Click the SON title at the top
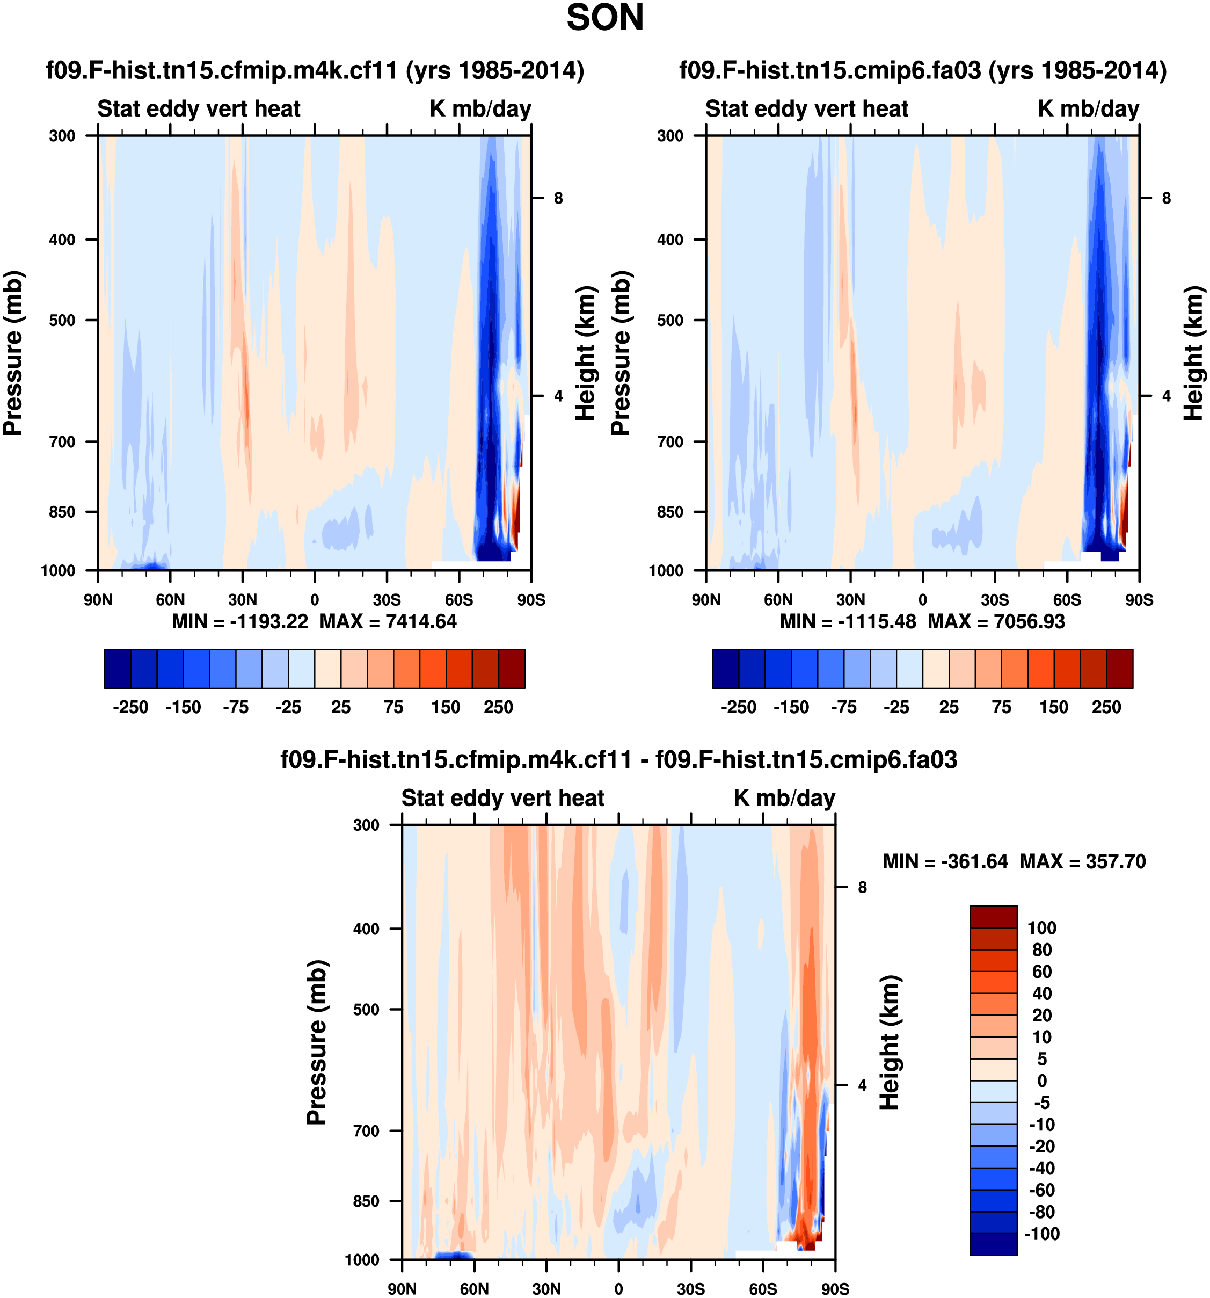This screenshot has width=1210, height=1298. coord(604,18)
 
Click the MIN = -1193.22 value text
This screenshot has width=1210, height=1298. coord(239,621)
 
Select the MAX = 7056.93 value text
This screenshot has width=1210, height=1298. coord(996,621)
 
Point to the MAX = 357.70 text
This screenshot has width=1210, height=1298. coord(1082,862)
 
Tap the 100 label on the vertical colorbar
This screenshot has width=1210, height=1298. coord(1041,928)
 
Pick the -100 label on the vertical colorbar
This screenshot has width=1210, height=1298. coord(1041,1234)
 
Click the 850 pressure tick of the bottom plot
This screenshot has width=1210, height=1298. coord(366,1201)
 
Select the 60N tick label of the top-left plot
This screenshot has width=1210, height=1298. coord(170,600)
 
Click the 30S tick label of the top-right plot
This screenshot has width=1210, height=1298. coord(995,600)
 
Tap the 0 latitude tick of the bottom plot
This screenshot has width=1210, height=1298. coord(619,1289)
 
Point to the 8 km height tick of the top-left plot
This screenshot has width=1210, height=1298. coord(558,198)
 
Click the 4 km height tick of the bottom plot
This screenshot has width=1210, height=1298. coord(862,1085)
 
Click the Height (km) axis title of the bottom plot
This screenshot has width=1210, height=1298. coord(890,1043)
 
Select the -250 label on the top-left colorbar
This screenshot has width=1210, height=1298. coord(130,707)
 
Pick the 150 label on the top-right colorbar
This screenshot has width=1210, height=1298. coord(1053,707)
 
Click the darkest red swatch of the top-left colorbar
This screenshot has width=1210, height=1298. coord(512,669)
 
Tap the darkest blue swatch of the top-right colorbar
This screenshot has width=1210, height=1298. coord(725,669)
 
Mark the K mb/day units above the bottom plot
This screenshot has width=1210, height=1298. coord(784,798)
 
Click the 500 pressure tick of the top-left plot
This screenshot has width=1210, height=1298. coord(63,321)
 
